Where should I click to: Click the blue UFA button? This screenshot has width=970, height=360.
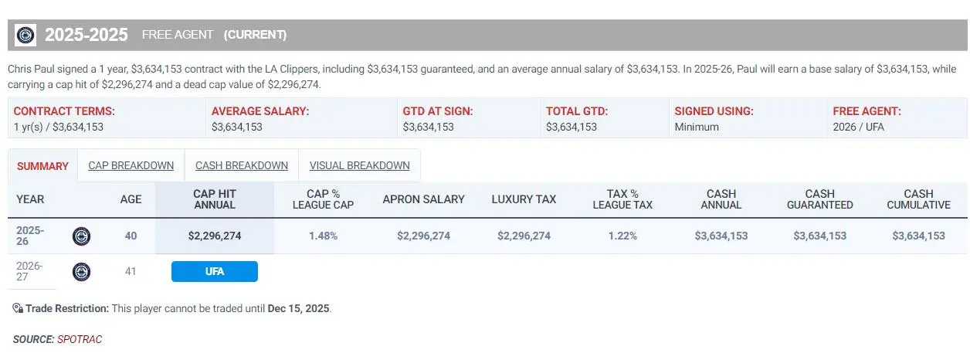point(215,271)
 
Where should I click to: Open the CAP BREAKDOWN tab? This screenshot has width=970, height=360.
point(131,165)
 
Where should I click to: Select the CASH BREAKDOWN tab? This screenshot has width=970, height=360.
point(241,165)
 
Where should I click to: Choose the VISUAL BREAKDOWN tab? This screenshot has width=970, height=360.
point(359,165)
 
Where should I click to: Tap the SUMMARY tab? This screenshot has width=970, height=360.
point(42,166)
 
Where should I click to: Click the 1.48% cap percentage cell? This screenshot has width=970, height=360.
point(323,236)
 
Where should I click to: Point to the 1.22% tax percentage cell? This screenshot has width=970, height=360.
point(622,236)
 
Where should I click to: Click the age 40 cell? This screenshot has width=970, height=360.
point(131,236)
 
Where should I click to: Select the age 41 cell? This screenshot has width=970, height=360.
point(131,271)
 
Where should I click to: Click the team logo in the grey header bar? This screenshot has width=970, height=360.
point(25,35)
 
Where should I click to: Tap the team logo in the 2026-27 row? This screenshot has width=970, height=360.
point(81,272)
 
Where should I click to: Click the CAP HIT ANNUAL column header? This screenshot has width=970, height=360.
point(215,199)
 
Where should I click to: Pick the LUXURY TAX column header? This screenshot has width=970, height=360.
point(524,199)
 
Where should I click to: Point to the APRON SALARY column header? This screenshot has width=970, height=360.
point(423,199)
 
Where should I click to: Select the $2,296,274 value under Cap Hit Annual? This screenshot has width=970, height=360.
point(215,236)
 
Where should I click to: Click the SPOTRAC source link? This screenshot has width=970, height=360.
point(80,339)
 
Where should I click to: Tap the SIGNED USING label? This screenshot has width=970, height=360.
point(714,111)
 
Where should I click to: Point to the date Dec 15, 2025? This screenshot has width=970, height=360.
point(299,308)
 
